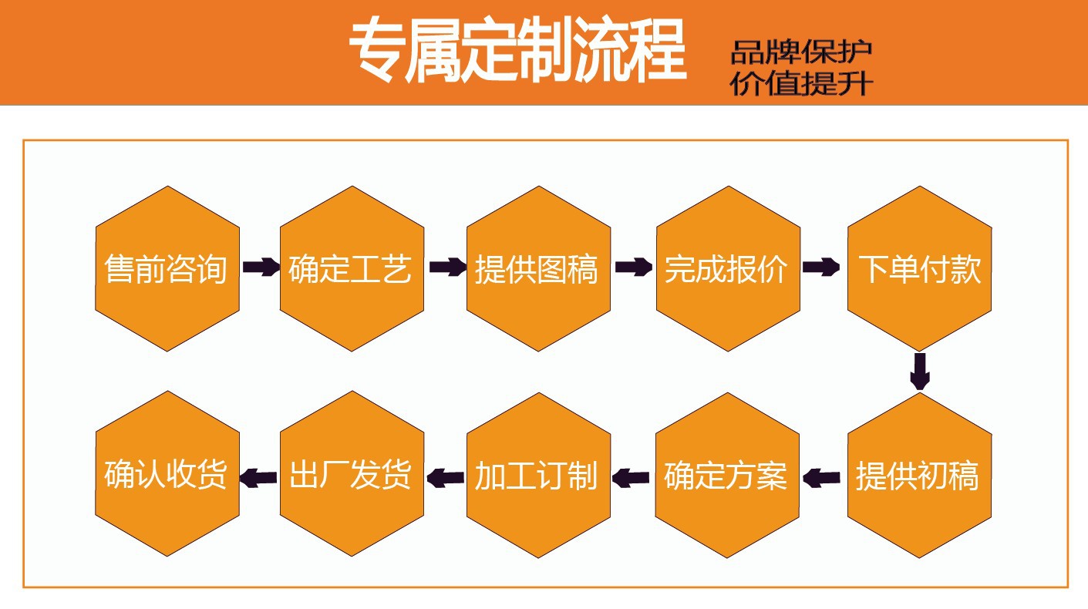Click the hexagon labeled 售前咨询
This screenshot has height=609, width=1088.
167,269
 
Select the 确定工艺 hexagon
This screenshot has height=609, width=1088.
352,269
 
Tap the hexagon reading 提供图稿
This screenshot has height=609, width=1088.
538,269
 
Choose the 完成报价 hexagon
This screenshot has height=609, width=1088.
727,269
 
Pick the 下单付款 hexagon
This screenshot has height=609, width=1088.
919,269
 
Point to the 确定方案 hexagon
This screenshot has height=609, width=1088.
727,475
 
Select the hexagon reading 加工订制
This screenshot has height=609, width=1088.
538,475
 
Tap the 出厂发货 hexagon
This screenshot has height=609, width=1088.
352,475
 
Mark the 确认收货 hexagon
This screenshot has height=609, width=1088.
167,475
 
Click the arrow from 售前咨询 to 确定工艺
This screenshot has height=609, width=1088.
261,267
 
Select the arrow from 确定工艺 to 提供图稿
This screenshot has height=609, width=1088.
447,267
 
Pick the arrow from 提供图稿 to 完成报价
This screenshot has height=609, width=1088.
634,267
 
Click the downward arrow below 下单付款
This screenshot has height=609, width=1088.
919,372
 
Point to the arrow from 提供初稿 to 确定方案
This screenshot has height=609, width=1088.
821,478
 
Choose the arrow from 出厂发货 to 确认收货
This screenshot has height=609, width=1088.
259,478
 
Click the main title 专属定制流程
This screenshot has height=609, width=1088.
517,52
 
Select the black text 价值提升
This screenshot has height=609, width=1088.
802,83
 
